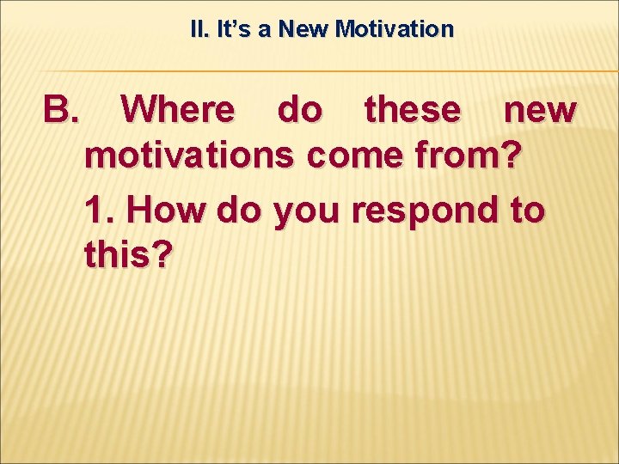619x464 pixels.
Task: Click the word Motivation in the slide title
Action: [394, 30]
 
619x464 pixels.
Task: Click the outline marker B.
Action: [61, 111]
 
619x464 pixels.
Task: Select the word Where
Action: [177, 111]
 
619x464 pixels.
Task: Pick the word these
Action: [412, 111]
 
